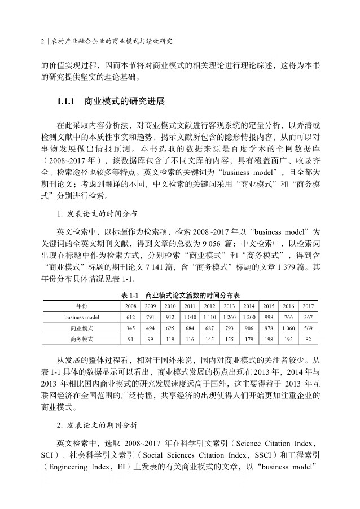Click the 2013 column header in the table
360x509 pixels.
[x=229, y=305]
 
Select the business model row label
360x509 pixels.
[x=82, y=317]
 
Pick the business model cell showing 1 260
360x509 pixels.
[x=229, y=317]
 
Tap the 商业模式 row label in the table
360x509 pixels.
[x=82, y=328]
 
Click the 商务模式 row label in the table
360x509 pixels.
[x=82, y=339]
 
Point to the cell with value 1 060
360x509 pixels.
[x=288, y=328]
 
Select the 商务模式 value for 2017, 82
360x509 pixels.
[x=308, y=339]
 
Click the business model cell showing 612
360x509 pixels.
[x=131, y=317]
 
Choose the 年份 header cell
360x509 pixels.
[x=82, y=305]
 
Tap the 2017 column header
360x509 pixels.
[x=308, y=305]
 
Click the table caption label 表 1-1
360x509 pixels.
[x=130, y=295]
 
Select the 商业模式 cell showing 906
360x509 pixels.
[x=249, y=328]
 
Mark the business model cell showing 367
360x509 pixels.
[x=308, y=317]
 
